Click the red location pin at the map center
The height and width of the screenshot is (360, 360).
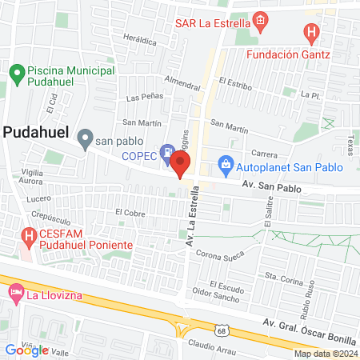[x=180, y=166]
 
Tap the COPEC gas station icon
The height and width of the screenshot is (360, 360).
[x=166, y=150]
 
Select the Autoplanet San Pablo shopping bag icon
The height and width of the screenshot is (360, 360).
[x=226, y=167]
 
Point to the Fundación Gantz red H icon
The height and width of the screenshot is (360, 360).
[x=311, y=34]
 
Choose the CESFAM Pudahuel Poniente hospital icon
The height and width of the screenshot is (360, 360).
[x=29, y=237]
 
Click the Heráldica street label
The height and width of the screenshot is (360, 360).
[x=141, y=38]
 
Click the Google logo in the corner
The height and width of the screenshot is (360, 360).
[x=26, y=350]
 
